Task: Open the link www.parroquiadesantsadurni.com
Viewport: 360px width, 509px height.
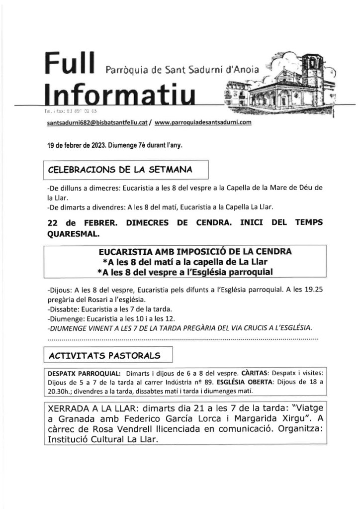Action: [204, 122]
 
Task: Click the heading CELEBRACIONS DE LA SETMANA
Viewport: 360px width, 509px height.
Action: [120, 170]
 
